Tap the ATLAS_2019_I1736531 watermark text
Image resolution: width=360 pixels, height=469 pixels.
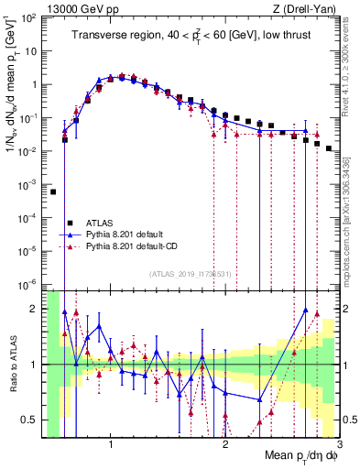(x=191, y=273)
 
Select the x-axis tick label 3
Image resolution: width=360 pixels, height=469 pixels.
(x=339, y=445)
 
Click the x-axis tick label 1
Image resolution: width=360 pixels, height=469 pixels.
(x=111, y=445)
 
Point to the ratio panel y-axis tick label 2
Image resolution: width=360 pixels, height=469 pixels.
(x=35, y=309)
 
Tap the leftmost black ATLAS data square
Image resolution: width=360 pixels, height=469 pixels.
(x=53, y=192)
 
